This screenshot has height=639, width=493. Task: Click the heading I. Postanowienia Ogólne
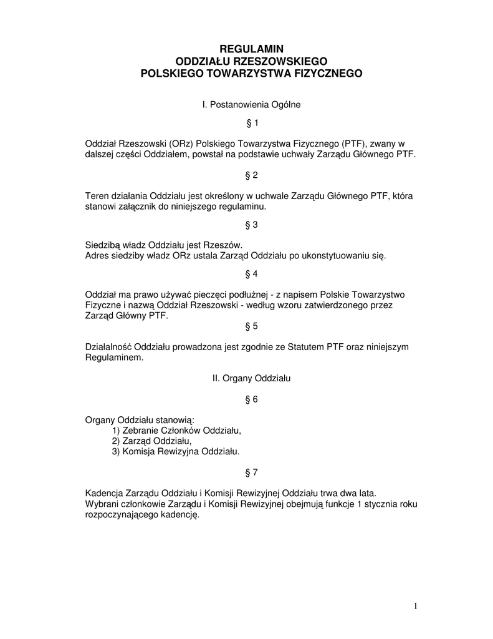click(252, 105)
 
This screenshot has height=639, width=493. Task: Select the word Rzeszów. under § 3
click(224, 245)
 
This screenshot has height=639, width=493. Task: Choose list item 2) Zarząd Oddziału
click(152, 441)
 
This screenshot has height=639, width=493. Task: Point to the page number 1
click(415, 606)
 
